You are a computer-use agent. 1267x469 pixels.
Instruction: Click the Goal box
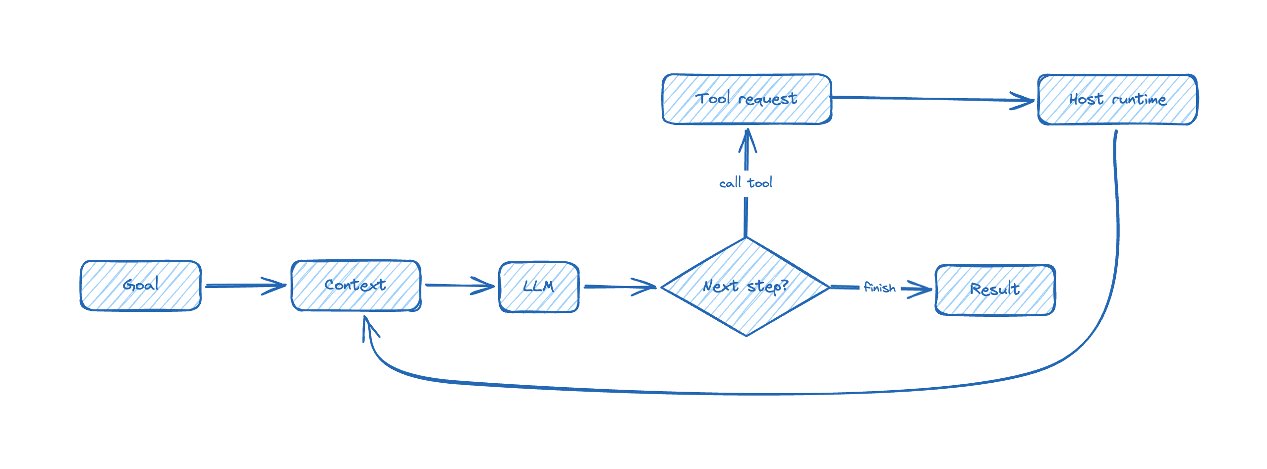pyautogui.click(x=141, y=286)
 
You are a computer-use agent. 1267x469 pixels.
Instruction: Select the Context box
pyautogui.click(x=356, y=286)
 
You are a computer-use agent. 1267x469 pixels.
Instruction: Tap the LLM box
pyautogui.click(x=539, y=287)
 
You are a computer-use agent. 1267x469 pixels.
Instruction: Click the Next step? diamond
pyautogui.click(x=745, y=287)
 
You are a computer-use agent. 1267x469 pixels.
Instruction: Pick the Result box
pyautogui.click(x=995, y=290)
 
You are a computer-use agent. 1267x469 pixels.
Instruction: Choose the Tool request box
pyautogui.click(x=747, y=99)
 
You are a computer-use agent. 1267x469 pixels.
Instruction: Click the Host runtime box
pyautogui.click(x=1117, y=100)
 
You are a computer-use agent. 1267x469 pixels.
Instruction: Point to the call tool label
pyautogui.click(x=746, y=183)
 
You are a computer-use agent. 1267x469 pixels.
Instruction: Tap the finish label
pyautogui.click(x=879, y=288)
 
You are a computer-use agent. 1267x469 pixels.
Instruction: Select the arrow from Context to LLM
pyautogui.click(x=459, y=286)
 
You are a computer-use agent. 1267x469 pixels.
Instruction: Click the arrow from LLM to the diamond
pyautogui.click(x=620, y=287)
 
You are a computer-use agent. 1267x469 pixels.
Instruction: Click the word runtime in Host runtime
pyautogui.click(x=1139, y=100)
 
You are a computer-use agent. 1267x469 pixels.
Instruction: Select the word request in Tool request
pyautogui.click(x=767, y=100)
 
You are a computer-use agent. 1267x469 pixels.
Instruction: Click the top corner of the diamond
pyautogui.click(x=746, y=238)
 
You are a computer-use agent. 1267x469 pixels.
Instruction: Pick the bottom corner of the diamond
pyautogui.click(x=747, y=336)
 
